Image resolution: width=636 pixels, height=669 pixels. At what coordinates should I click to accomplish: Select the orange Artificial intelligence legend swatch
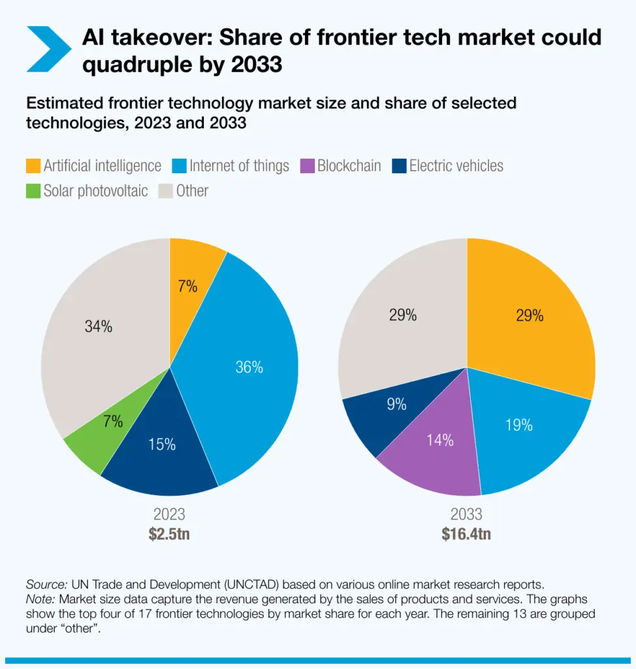pos(33,166)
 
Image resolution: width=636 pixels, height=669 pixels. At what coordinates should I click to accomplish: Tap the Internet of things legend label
pos(239,166)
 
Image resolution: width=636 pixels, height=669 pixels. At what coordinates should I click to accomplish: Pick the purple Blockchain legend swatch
pos(307,166)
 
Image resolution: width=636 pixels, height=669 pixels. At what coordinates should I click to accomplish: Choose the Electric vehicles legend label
pos(456,166)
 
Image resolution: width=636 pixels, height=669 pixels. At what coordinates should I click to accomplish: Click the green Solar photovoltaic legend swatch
pos(33,191)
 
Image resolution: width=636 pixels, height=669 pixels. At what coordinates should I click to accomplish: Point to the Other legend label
pos(192,191)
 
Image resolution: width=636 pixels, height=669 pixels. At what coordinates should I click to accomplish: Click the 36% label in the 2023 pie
pos(249,368)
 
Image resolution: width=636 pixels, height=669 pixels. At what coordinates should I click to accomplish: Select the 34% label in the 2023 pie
pos(98,327)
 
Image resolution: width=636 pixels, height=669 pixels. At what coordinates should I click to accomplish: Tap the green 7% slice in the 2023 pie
pos(104,431)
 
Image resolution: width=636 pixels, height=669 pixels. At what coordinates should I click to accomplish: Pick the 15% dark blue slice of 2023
pos(161,451)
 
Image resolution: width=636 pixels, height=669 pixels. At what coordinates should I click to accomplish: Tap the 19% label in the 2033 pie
pos(518,425)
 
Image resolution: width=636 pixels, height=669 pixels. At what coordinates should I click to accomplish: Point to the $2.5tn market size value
pos(169,534)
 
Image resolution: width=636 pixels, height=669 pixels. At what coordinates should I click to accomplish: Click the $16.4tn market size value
pos(466,534)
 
